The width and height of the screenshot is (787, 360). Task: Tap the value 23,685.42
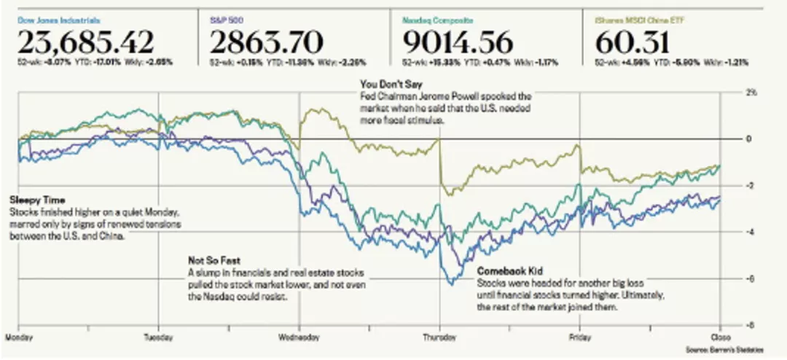(x=86, y=42)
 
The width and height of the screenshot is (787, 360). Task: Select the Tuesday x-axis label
(x=160, y=337)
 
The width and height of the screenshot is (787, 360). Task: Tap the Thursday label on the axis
(x=439, y=337)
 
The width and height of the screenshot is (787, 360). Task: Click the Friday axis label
(x=580, y=337)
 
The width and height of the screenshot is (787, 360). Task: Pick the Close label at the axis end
(x=720, y=337)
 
